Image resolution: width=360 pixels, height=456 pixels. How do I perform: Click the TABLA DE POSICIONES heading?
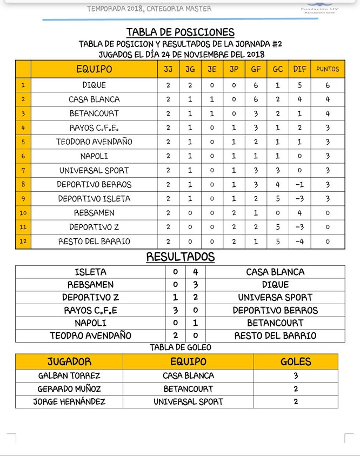click(180, 32)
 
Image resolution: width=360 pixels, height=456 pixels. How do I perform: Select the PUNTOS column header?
click(328, 69)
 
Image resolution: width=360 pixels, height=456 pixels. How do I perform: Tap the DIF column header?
click(299, 69)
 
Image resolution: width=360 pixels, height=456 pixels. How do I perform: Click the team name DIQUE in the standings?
click(94, 85)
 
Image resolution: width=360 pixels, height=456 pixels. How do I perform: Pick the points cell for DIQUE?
click(328, 85)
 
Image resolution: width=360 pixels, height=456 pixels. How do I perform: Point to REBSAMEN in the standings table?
click(94, 213)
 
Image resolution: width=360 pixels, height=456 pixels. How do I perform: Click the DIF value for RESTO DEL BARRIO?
click(299, 241)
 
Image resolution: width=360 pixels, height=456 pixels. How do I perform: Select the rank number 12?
click(23, 241)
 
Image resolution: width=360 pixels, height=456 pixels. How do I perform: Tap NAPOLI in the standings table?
click(94, 156)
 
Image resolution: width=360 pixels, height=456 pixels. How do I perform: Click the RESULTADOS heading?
click(180, 257)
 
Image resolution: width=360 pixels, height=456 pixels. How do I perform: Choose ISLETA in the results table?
click(90, 272)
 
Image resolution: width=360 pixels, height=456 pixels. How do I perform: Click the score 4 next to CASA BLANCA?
click(195, 272)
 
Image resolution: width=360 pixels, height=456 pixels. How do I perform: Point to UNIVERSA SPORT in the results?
click(275, 297)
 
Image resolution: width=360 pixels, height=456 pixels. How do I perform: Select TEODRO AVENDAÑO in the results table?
click(90, 336)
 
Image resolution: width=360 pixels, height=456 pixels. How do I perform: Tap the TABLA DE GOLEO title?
click(180, 347)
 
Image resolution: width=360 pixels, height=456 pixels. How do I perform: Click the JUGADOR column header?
click(69, 361)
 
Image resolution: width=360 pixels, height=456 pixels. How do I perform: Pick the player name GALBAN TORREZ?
click(69, 375)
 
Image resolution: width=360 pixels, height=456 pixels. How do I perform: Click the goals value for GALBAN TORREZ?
click(295, 375)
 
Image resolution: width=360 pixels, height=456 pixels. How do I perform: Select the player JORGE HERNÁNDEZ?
click(69, 401)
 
